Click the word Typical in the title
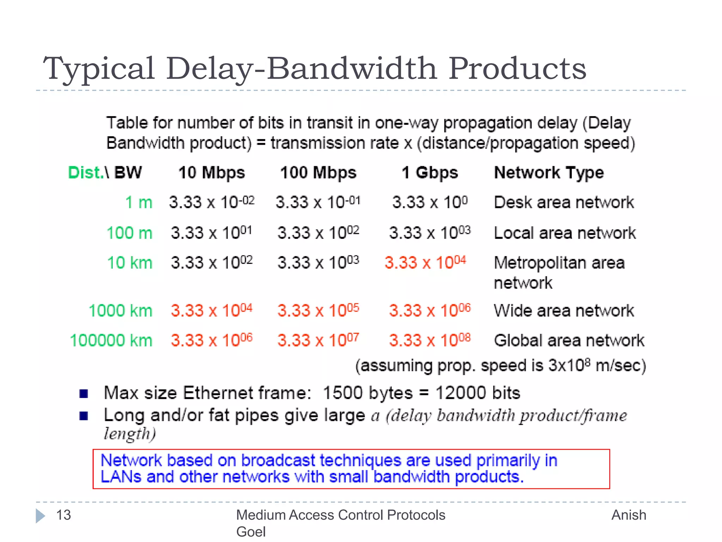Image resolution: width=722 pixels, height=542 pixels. [x=99, y=69]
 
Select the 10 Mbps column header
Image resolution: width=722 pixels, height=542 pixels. [x=212, y=173]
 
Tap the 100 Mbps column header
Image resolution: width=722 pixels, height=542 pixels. [x=318, y=173]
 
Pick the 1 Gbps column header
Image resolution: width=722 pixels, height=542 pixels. [x=429, y=173]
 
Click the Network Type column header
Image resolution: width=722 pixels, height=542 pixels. [x=549, y=173]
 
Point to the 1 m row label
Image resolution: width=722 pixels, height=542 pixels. [x=139, y=203]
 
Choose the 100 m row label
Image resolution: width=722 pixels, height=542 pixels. [x=129, y=233]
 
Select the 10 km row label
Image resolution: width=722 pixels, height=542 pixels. [x=130, y=263]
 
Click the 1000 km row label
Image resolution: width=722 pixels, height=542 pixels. [x=121, y=311]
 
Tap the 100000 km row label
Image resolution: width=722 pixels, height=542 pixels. [x=111, y=341]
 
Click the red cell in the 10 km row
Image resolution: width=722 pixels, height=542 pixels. [x=425, y=263]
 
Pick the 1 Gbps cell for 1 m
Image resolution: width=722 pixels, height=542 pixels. [x=430, y=202]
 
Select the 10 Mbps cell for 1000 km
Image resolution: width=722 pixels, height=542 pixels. [x=212, y=311]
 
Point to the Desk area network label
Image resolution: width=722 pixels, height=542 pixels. [x=564, y=203]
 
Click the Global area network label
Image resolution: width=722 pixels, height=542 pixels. [x=569, y=341]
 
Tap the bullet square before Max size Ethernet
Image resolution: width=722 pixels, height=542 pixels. [x=84, y=393]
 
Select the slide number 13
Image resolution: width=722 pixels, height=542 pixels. [x=63, y=515]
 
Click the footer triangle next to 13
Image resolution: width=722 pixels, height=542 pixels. [x=40, y=516]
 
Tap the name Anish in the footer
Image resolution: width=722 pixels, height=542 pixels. [x=629, y=515]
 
